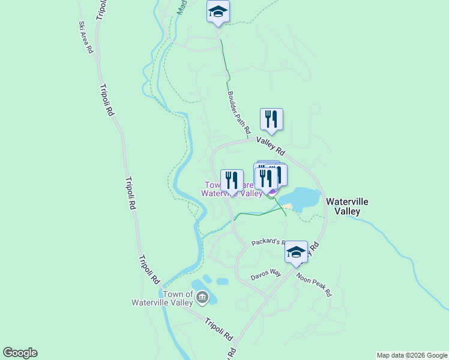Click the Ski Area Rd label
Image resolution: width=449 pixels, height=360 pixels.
pos(86,38)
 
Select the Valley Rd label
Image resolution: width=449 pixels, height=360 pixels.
pos(271,145)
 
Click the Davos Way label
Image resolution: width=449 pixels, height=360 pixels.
pos(266,275)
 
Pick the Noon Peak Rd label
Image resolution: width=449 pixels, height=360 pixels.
pos(313,284)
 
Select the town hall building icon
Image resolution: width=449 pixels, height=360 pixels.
pos(202,296)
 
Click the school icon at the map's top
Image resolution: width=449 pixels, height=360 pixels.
pos(218,11)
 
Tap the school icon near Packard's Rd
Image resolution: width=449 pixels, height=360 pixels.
pos(296,252)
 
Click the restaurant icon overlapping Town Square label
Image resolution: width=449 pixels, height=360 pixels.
pos(232,180)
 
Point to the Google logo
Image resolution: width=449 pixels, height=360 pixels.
pos(20,352)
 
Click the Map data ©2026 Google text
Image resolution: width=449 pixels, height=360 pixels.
pos(411,355)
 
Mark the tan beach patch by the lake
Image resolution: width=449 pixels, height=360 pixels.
pos(288,207)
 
